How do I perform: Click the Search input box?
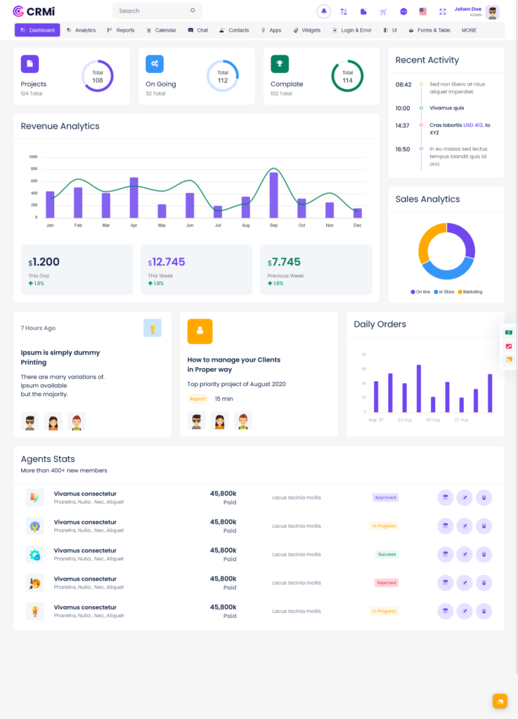coord(155,11)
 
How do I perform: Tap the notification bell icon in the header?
coord(323,11)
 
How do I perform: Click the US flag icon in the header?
coord(422,11)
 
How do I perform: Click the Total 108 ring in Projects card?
coord(97,76)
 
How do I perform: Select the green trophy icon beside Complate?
coord(280,64)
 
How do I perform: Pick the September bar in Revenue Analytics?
coord(273,194)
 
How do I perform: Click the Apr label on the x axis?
coord(134,225)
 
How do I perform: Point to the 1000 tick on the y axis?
coord(33,157)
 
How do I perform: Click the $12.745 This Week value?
coord(167,262)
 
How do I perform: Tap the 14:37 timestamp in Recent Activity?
coord(402,126)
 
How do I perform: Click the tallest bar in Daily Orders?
coord(419,388)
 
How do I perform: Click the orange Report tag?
coord(198,399)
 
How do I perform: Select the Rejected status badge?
coord(386,583)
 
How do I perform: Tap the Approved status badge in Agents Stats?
coord(385,498)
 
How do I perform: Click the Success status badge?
coord(387,554)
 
